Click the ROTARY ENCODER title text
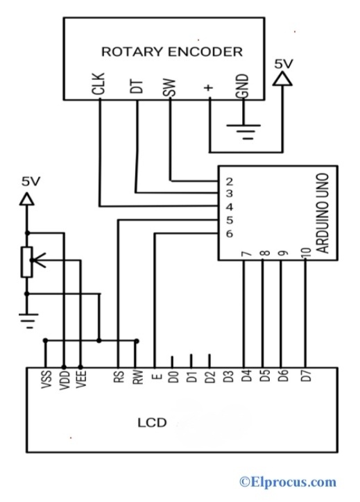[x=172, y=51]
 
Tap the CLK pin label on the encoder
[x=101, y=86]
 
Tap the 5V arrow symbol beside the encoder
[x=283, y=78]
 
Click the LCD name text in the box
[x=151, y=421]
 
